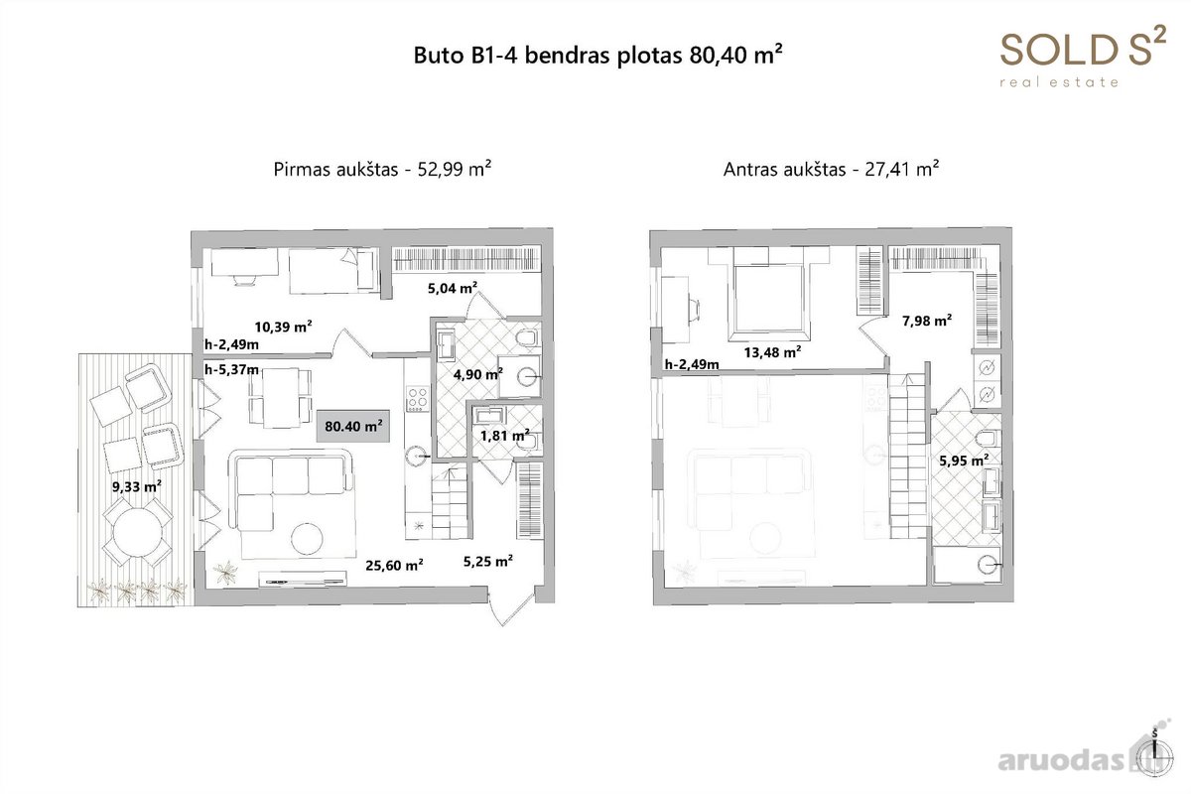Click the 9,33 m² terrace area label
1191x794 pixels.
click(137, 486)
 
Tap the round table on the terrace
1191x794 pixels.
click(138, 532)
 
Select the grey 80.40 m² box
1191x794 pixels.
click(353, 426)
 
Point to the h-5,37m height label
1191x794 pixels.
click(232, 369)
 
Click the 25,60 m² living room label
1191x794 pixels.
click(394, 565)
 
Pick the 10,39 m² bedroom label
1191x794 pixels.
click(283, 327)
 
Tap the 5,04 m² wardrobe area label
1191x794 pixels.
click(453, 288)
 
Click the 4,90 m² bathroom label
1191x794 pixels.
click(478, 374)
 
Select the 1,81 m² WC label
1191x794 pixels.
click(504, 436)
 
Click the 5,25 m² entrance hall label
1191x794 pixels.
click(487, 561)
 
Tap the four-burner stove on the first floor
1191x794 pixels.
click(418, 399)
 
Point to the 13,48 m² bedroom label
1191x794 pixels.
click(772, 352)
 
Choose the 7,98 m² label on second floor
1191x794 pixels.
click(927, 321)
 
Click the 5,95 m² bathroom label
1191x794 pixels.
click(964, 460)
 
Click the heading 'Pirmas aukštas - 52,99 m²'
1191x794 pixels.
click(382, 169)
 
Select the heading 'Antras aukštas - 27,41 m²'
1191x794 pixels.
click(831, 169)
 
